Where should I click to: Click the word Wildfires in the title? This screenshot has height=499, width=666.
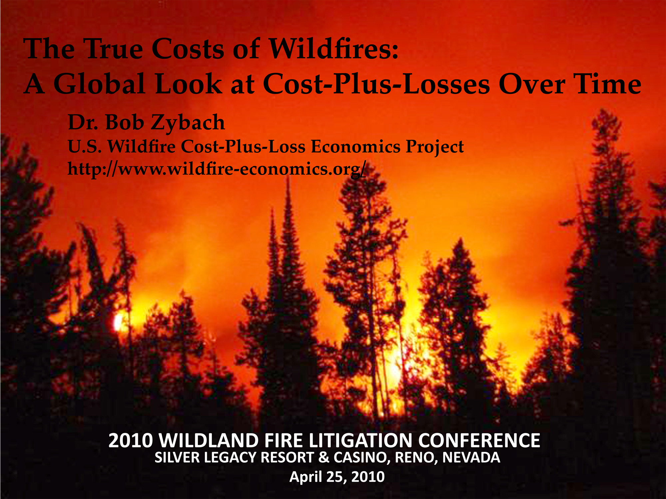click(x=333, y=49)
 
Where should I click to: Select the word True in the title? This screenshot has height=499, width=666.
click(x=113, y=49)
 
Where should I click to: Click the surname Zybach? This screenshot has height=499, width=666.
click(x=188, y=123)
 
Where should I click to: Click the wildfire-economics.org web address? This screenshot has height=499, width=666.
click(x=217, y=169)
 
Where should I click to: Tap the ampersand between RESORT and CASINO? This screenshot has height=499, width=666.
click(x=323, y=457)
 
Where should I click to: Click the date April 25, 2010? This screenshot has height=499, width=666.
click(x=337, y=477)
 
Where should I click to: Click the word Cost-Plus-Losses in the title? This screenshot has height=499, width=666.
click(x=377, y=84)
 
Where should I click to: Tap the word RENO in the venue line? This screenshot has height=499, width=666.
click(x=416, y=458)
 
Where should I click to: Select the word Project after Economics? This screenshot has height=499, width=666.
click(x=435, y=147)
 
